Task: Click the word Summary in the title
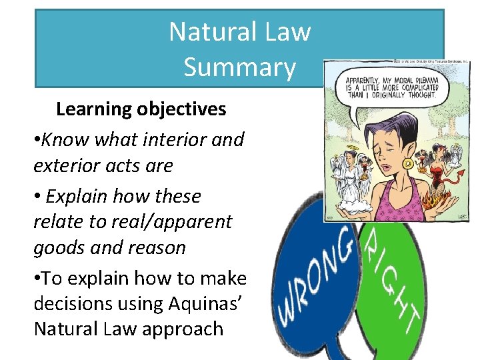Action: [x=239, y=67]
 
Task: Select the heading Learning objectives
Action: [x=141, y=109]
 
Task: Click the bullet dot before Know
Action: [x=37, y=140]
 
